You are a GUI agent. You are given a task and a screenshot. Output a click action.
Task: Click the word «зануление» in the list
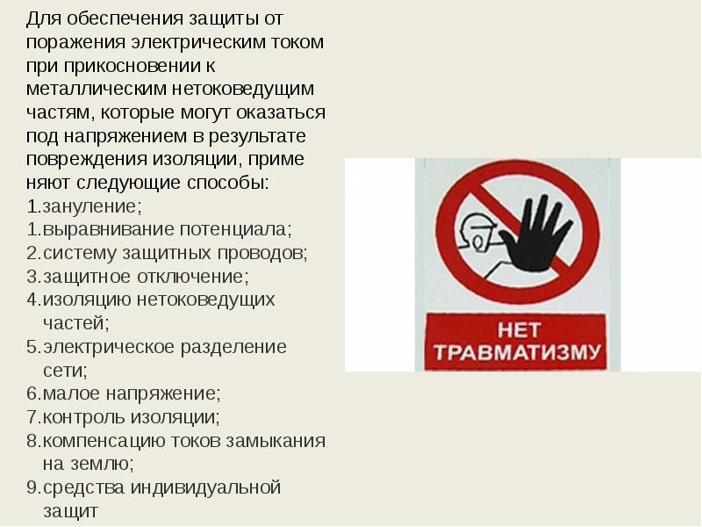point(90,206)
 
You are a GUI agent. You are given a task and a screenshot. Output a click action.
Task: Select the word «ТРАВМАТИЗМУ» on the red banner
point(517,352)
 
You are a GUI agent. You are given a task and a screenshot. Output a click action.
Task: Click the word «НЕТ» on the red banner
point(519,330)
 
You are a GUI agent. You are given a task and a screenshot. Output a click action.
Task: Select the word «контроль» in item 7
point(83,417)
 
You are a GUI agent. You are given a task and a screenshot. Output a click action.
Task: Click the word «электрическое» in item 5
point(108,347)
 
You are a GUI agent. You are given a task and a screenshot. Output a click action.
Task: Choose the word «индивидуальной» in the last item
point(205,487)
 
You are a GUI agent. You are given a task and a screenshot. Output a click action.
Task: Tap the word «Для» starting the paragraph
point(43,19)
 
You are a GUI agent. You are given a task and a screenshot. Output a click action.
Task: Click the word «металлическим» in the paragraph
point(96,89)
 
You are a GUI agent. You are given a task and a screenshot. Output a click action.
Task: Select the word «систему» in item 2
point(80,254)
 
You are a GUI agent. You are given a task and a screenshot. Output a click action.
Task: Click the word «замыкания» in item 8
point(276,441)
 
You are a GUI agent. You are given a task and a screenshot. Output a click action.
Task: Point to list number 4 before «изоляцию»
point(33,300)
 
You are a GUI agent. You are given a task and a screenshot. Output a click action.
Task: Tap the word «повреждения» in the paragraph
point(86,160)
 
